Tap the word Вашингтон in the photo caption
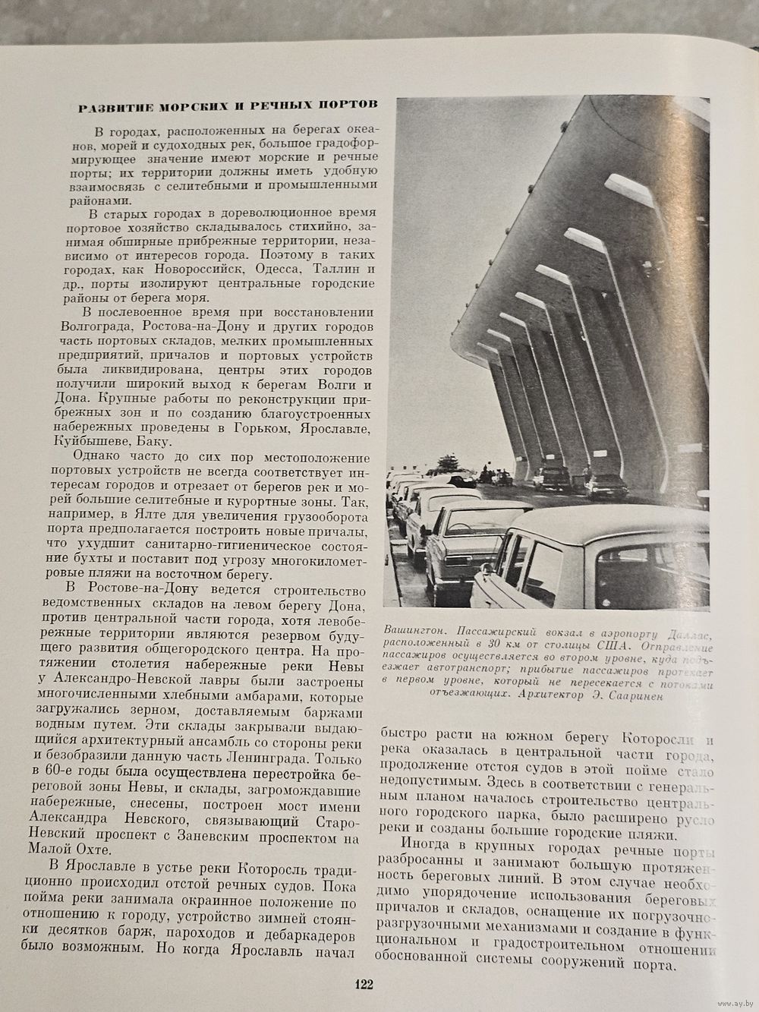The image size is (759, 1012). click(x=414, y=629)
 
